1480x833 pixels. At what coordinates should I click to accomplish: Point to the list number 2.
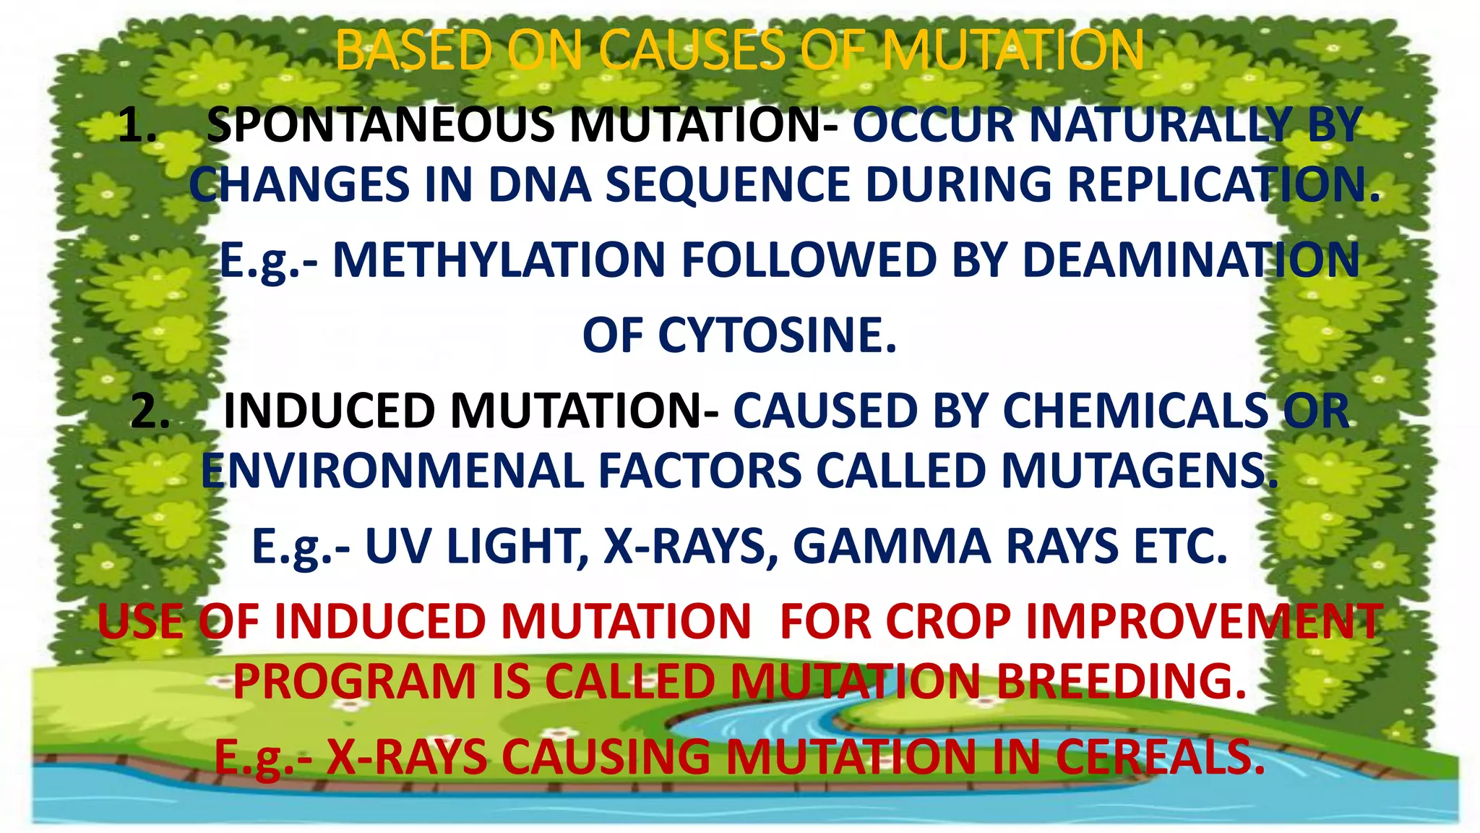pos(150,411)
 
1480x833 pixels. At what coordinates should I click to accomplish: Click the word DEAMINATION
pos(1191,260)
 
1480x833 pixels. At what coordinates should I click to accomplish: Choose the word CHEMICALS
pos(1135,411)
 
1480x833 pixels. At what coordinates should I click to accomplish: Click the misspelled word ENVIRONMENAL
pos(392,471)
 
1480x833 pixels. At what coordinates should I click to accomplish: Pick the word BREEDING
pos(1122,682)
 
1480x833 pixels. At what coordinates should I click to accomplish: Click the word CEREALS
pos(1161,757)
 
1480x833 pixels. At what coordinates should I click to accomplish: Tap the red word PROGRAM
pos(354,682)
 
